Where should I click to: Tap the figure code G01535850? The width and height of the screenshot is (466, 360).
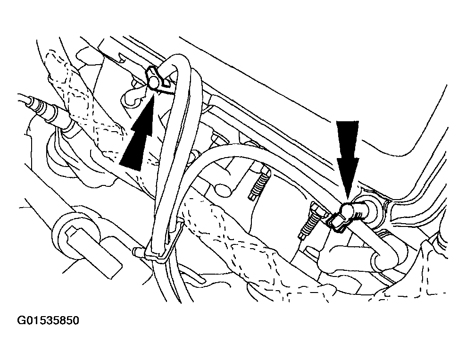48,321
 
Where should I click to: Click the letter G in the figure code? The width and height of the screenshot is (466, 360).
21,321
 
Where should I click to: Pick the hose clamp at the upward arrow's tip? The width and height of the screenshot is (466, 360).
155,79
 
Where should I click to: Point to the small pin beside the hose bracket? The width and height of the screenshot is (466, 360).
139,251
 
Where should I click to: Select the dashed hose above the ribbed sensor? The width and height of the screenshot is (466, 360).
86,98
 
